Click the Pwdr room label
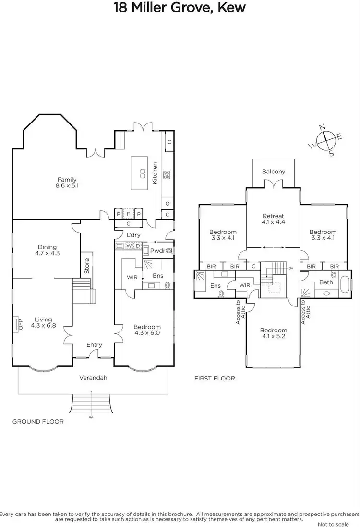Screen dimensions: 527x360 tap(157, 251)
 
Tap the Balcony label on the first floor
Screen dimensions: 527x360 tap(273, 172)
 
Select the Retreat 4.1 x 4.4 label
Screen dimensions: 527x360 tap(273, 219)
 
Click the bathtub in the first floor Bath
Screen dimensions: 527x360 tap(345, 282)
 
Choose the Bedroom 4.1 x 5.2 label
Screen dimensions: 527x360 tap(273, 333)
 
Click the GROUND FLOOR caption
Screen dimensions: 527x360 tap(38, 421)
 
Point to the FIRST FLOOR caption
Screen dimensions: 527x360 tap(215, 378)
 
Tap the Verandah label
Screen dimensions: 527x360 tap(93, 378)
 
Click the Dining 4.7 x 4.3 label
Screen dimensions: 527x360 tap(47, 250)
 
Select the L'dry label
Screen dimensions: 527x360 tap(133, 235)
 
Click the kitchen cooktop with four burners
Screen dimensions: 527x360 tap(167, 175)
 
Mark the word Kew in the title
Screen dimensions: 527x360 tap(232, 8)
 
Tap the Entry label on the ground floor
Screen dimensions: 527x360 tap(94, 345)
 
